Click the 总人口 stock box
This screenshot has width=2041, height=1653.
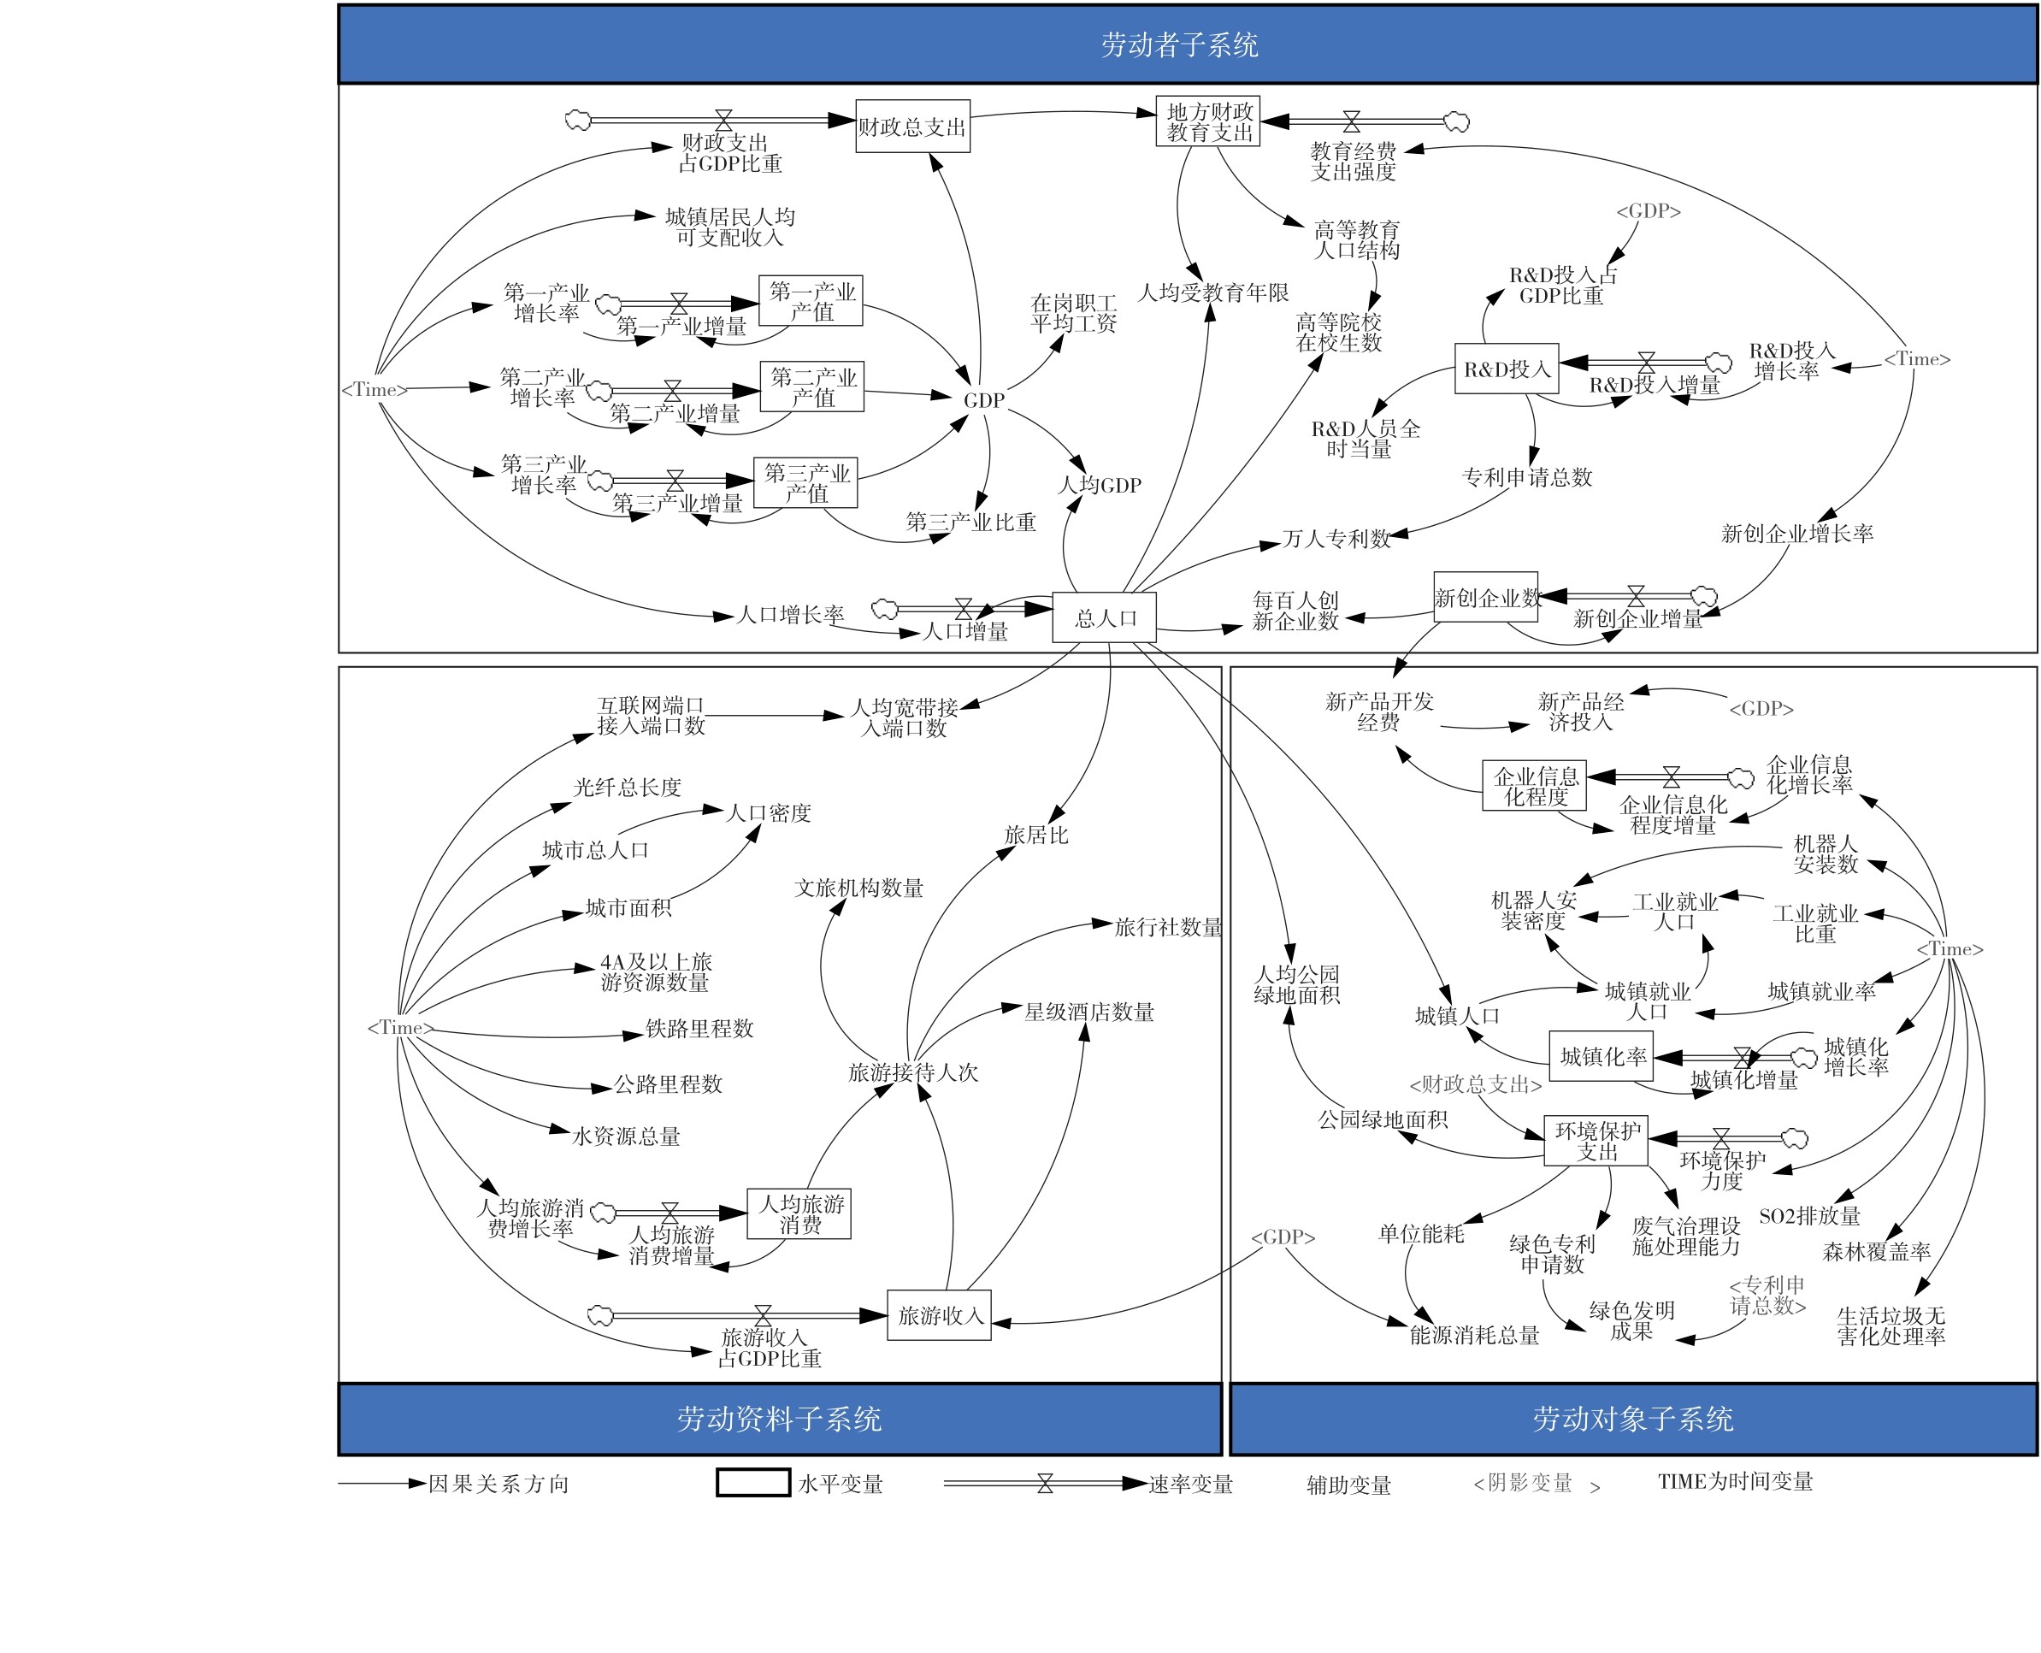[x=1103, y=617]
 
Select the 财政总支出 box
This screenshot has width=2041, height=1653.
[x=912, y=127]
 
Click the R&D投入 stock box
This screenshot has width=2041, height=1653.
[x=1506, y=369]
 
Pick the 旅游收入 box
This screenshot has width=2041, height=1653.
[x=939, y=1315]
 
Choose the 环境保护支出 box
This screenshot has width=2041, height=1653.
[x=1596, y=1141]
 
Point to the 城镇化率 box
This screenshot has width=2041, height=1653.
[x=1602, y=1056]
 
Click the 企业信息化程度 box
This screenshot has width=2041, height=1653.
[x=1534, y=786]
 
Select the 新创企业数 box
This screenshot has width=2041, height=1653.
[x=1485, y=597]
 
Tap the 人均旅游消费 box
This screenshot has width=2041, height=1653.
[x=799, y=1214]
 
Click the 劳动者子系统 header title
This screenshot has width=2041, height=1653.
[x=1178, y=44]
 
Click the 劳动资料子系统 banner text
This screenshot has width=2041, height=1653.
[x=779, y=1419]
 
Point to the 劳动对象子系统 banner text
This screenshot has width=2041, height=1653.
[x=1631, y=1419]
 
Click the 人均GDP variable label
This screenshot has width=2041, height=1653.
[x=1099, y=485]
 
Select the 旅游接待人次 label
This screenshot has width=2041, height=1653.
[x=913, y=1072]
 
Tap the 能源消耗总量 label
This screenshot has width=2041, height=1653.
[x=1473, y=1335]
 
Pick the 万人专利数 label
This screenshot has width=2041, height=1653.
[x=1336, y=539]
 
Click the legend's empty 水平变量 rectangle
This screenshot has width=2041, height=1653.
[x=752, y=1483]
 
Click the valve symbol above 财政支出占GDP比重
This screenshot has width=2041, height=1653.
[x=723, y=120]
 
